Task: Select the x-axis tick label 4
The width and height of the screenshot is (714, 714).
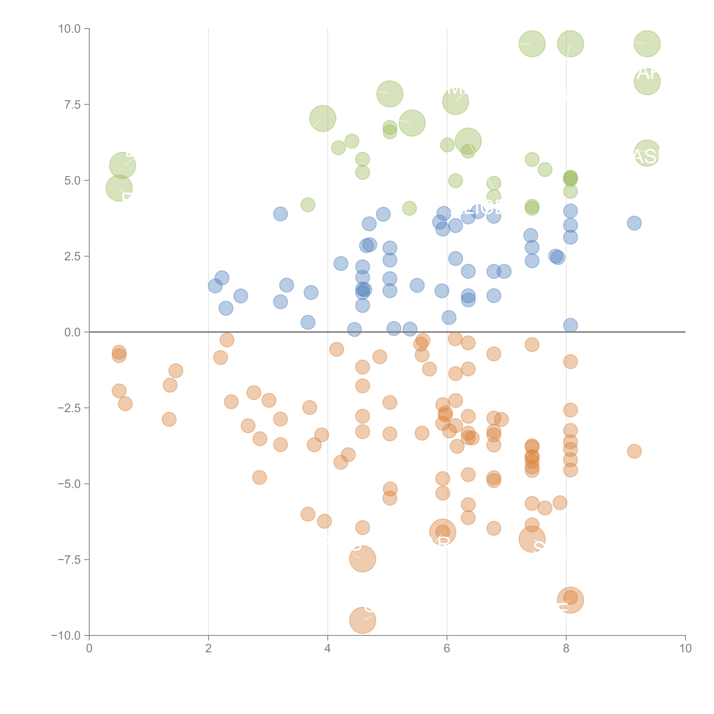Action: pos(327,649)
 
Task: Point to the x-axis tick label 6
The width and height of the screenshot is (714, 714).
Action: pos(447,649)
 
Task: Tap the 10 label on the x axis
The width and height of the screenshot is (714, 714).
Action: pos(685,649)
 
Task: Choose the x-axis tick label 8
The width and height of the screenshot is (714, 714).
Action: pos(566,649)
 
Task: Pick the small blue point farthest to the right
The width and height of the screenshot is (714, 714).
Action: pos(634,223)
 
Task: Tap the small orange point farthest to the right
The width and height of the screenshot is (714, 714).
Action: pos(634,451)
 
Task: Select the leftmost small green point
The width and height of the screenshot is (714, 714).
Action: pos(308,205)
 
